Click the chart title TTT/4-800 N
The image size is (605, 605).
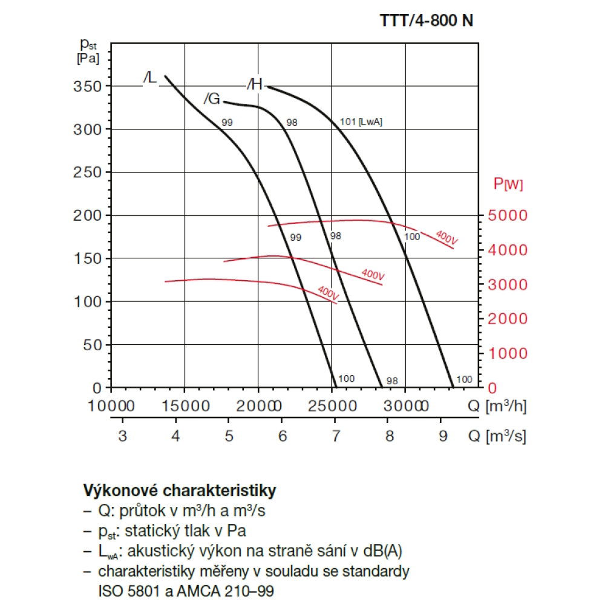[x=426, y=20]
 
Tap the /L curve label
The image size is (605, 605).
[x=149, y=78]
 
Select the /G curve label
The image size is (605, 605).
[x=211, y=99]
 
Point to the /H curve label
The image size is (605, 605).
[x=255, y=85]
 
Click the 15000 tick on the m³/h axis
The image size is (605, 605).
[x=184, y=406]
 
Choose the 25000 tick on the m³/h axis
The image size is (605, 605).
[x=332, y=406]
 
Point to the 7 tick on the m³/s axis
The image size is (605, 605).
[x=336, y=436]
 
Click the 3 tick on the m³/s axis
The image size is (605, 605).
[x=122, y=436]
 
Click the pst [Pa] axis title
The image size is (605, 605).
[x=88, y=51]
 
